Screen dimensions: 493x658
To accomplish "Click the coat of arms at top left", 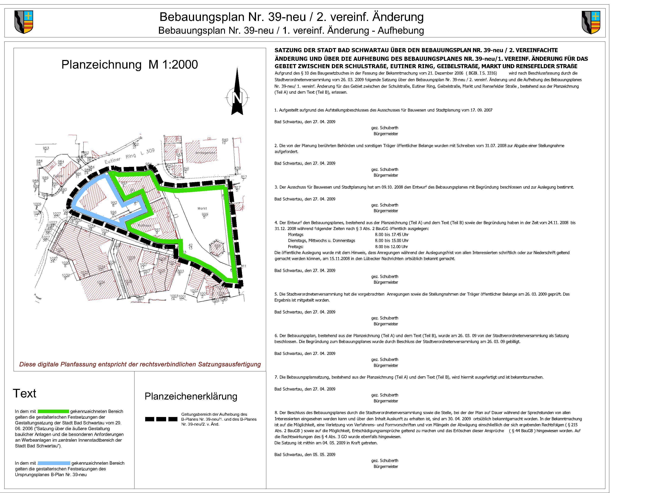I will click(24, 22).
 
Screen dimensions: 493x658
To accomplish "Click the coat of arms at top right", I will click(591, 22).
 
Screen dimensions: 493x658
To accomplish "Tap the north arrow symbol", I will click(237, 92).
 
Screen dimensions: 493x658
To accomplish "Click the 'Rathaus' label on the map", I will click(144, 225).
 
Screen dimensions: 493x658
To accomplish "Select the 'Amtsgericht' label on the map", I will click(205, 153).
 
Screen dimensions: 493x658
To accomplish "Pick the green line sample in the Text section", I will click(53, 411).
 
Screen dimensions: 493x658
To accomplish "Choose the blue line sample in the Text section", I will click(54, 463).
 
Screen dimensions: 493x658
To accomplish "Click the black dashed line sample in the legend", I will click(161, 419).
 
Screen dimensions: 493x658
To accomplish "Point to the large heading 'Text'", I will click(24, 393).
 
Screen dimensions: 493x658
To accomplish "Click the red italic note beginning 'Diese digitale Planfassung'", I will click(140, 364).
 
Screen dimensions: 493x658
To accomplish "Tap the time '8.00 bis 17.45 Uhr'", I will click(392, 234).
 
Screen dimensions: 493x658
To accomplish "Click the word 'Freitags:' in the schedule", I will click(295, 247).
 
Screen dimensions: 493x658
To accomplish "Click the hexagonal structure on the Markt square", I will click(217, 247).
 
